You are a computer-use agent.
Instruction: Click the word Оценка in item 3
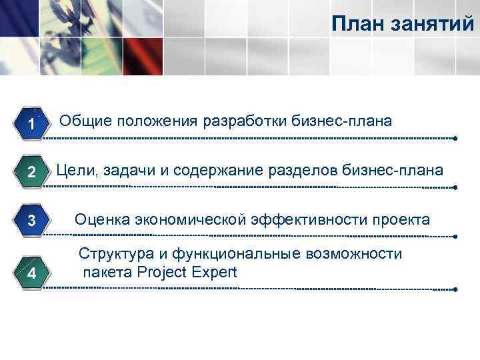click(x=103, y=219)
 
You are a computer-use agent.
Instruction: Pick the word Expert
click(x=213, y=272)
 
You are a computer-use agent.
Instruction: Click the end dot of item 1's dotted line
click(x=455, y=139)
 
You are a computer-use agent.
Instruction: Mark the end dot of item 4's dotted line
click(x=455, y=290)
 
